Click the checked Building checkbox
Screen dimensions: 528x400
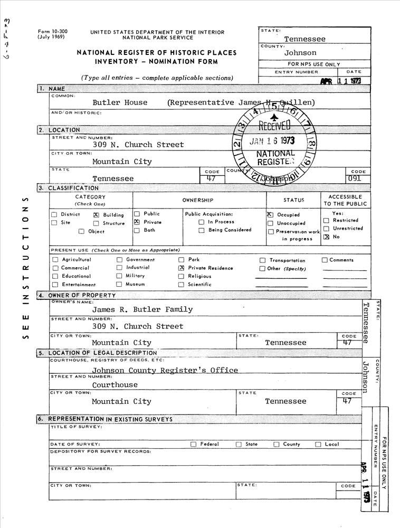point(96,215)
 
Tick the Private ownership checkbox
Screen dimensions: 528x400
point(136,222)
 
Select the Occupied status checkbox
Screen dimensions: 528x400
point(270,215)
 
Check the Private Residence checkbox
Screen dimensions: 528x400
point(181,268)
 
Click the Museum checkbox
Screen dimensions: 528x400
point(119,284)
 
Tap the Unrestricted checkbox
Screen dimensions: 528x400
point(326,229)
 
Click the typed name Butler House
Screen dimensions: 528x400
point(120,102)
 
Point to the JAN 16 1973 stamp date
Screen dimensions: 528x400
point(272,142)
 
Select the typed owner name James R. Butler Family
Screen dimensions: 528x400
point(142,309)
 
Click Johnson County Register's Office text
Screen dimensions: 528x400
point(165,370)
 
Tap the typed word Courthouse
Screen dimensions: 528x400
point(115,385)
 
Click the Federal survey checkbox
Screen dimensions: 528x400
point(193,444)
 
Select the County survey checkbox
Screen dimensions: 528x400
point(276,444)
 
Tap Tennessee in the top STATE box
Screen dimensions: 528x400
point(304,39)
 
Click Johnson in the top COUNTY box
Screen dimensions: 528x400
point(300,53)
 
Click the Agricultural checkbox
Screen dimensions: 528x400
point(55,260)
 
